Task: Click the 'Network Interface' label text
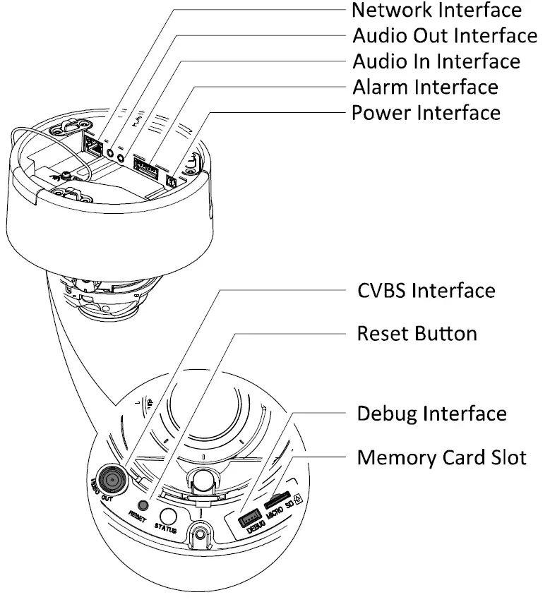tap(436, 11)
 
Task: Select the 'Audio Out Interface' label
tap(444, 35)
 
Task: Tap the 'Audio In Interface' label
tap(436, 61)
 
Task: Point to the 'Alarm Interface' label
tap(424, 87)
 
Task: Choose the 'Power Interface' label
tap(426, 112)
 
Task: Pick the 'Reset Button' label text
tap(417, 333)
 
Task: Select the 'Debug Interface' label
tap(431, 414)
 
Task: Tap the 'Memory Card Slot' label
tap(441, 457)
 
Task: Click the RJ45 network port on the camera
tap(92, 145)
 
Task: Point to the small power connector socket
tap(172, 181)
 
